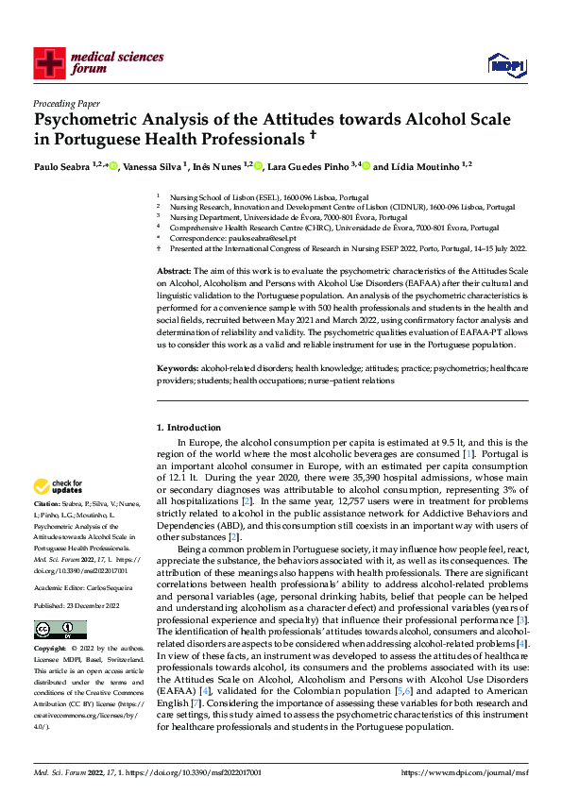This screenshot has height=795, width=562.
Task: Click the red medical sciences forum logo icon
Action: coord(49,62)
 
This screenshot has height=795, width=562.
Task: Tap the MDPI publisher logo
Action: coord(504,63)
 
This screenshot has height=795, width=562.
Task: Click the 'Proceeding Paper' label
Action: coord(66,103)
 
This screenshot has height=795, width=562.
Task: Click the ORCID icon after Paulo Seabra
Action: coord(114,167)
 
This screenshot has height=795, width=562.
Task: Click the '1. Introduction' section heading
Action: coord(188,428)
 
